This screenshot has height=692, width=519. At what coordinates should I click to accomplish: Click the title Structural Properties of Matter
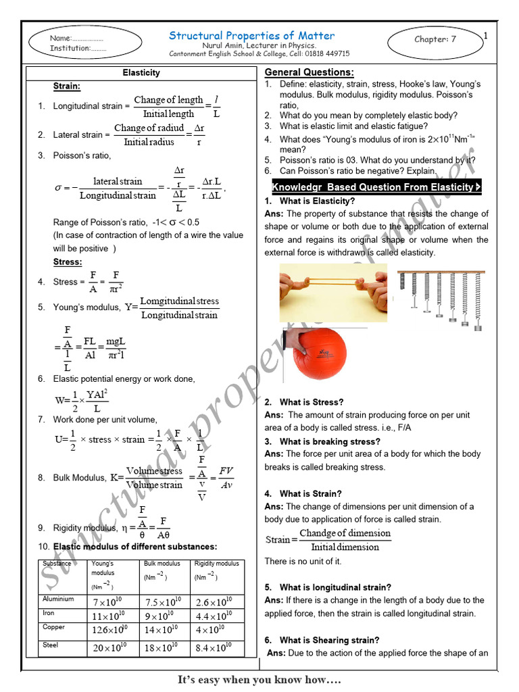[251, 35]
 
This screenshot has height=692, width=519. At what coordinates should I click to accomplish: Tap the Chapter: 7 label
[435, 39]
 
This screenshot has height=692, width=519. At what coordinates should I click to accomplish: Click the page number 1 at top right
[485, 36]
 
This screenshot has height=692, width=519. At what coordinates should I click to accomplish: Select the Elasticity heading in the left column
[141, 73]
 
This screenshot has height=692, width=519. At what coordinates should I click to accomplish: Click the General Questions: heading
[309, 72]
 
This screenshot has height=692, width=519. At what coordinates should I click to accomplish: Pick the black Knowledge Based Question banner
[376, 187]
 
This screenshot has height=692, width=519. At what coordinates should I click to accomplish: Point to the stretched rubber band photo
[333, 292]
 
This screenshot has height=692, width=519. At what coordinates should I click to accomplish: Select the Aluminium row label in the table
[59, 599]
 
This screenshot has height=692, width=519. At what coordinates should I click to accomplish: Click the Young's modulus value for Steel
[109, 648]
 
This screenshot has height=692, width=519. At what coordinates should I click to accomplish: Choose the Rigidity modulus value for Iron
[214, 616]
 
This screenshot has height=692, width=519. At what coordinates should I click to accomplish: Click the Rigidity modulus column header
[216, 564]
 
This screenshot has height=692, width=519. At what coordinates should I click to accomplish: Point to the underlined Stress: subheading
[68, 262]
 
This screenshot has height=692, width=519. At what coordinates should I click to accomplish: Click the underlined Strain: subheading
[67, 86]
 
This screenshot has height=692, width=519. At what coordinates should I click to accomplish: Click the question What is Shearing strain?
[329, 640]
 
